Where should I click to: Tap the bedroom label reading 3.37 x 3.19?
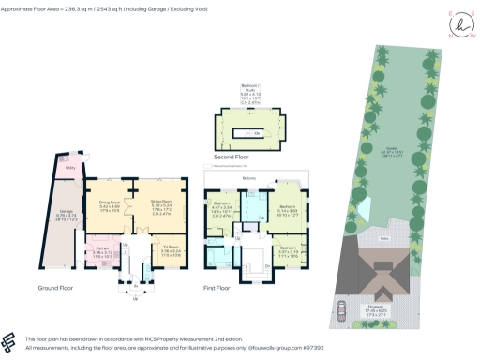(288, 248)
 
